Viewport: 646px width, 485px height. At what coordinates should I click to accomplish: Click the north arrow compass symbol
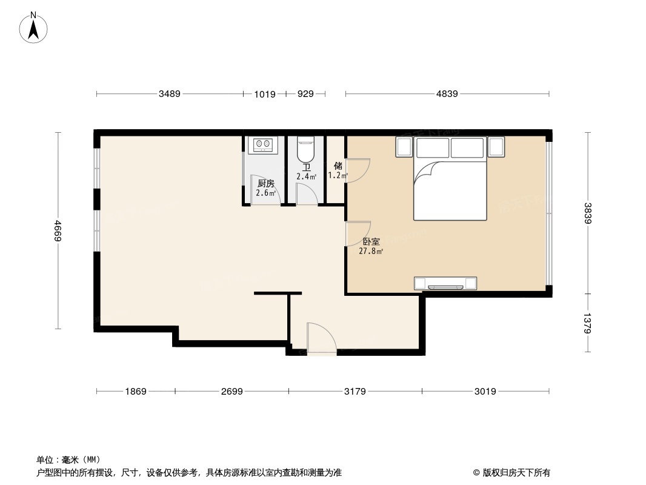(34, 28)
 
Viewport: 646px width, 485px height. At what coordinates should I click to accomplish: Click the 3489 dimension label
(170, 94)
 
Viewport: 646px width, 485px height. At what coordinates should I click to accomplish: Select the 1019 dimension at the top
(265, 94)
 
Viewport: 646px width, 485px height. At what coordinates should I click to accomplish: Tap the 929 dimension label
(306, 94)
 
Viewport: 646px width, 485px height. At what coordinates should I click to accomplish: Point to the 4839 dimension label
(447, 94)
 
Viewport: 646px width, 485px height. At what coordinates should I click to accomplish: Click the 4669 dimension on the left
(58, 232)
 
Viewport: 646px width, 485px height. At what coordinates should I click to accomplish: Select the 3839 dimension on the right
(587, 213)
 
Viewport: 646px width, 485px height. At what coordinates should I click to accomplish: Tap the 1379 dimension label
(587, 323)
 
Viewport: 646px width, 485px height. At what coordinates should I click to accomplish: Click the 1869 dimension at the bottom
(136, 392)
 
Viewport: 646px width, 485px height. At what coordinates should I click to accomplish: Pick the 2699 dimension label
(231, 392)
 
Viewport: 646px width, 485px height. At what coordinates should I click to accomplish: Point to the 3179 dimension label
(355, 392)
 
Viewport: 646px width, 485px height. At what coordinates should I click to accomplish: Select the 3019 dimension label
(485, 392)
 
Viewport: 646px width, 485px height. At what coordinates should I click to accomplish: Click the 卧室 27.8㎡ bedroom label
(370, 246)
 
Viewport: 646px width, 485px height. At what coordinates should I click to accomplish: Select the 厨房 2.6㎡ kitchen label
(265, 188)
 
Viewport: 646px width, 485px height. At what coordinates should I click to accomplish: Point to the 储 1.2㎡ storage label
(338, 170)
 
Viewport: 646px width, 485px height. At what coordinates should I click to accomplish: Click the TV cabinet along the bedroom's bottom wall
(445, 283)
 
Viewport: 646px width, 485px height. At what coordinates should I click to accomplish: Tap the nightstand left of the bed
(404, 147)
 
